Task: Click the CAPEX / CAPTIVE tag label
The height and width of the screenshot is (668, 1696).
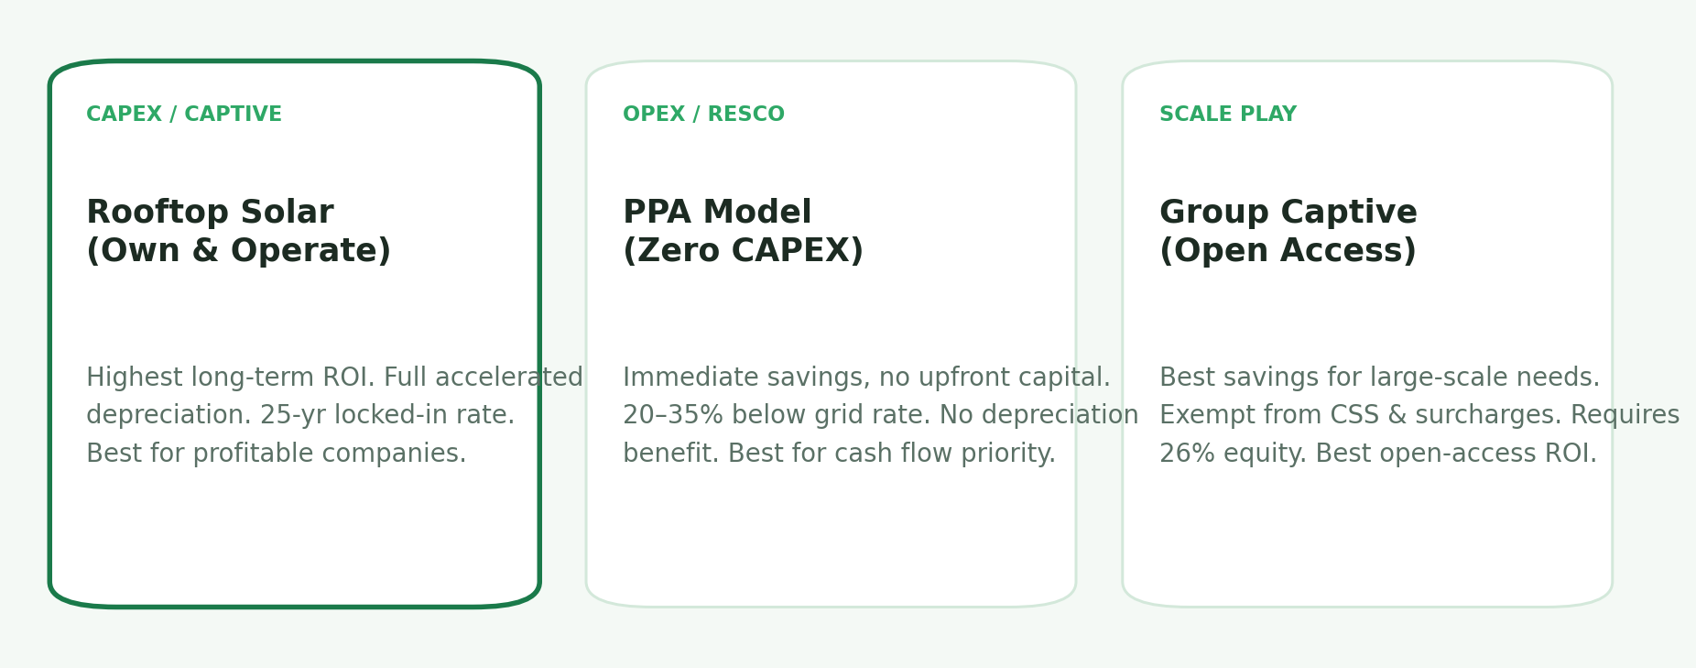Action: (183, 115)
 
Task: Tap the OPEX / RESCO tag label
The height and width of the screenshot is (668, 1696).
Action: (703, 115)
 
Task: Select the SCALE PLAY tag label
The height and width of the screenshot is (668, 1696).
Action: (1227, 115)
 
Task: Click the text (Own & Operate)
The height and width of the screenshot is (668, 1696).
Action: (238, 251)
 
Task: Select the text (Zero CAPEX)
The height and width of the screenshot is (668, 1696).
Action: (743, 251)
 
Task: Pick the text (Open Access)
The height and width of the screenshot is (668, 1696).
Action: (1288, 251)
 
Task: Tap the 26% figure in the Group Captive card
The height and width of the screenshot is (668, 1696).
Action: (1180, 454)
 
